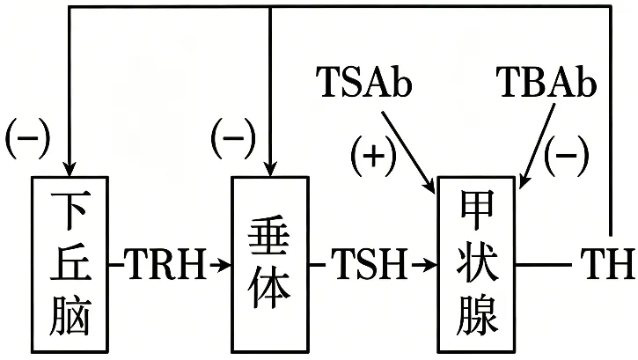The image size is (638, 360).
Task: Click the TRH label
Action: [165, 264]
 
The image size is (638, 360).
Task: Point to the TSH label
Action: [369, 264]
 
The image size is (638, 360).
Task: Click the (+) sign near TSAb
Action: [373, 156]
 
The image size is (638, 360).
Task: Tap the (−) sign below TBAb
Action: [567, 156]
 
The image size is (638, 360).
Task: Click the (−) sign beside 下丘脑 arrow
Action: [27, 137]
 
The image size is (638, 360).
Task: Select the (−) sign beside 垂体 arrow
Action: [232, 137]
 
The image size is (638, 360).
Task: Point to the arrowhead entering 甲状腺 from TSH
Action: [429, 265]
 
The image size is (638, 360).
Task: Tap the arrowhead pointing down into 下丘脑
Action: [70, 168]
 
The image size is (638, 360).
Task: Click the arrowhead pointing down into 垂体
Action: [270, 168]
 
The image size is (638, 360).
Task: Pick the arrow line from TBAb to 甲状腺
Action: [537, 146]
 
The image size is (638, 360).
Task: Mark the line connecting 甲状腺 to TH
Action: [544, 265]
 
